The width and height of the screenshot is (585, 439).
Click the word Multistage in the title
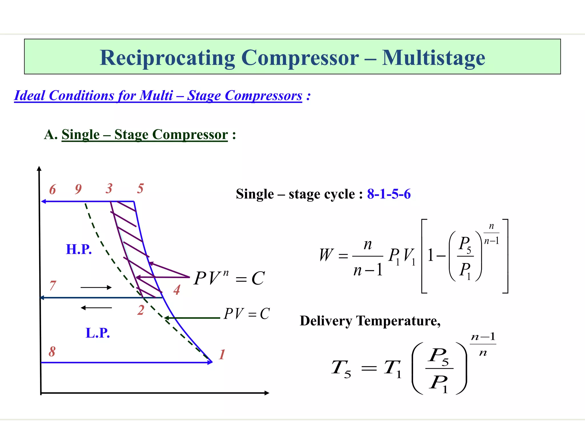[x=433, y=58]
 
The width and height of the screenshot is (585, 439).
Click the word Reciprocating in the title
[x=167, y=58]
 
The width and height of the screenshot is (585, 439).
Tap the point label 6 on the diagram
[x=53, y=189]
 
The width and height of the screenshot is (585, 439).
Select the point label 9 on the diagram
[x=78, y=189]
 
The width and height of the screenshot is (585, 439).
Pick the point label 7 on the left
[x=53, y=286]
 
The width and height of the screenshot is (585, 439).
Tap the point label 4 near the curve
[x=177, y=290]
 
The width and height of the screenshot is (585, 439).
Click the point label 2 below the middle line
[x=141, y=310]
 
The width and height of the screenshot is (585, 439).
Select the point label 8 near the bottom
[x=52, y=352]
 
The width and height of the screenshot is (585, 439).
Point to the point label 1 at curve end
[x=222, y=354]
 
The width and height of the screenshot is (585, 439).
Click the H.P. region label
[x=79, y=249]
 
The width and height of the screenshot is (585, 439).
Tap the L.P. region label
[x=98, y=333]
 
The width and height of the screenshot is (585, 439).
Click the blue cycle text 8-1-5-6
[x=389, y=194]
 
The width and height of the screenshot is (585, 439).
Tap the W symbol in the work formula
[x=326, y=255]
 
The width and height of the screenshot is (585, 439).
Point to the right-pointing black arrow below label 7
[x=96, y=288]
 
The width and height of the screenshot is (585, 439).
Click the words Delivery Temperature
[x=370, y=321]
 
